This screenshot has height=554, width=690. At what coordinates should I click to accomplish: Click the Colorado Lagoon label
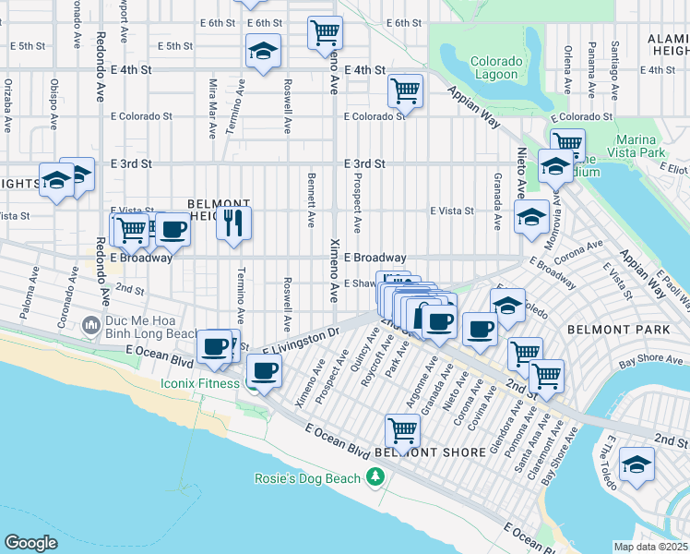[x=496, y=69]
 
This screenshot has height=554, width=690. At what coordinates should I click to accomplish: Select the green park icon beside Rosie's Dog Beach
[x=375, y=476]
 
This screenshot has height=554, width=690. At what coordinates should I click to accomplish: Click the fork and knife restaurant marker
[x=234, y=223]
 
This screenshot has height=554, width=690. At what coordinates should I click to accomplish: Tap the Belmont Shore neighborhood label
[x=431, y=452]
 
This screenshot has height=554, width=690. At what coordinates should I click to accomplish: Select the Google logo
[x=30, y=542]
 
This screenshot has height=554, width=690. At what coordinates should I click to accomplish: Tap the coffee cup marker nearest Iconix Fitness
[x=265, y=370]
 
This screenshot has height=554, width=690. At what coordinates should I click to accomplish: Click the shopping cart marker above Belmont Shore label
[x=402, y=428]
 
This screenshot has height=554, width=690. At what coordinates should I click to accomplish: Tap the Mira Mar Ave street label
[x=213, y=107]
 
